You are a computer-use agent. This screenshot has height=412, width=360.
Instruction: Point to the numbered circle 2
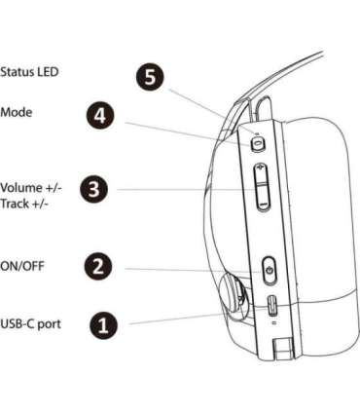[97, 264]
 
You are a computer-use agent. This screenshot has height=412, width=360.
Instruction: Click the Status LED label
[30, 72]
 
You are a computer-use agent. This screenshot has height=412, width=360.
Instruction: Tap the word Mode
[17, 113]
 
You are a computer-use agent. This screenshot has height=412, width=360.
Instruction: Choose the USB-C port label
[32, 322]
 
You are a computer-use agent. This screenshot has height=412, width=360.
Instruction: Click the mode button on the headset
[258, 143]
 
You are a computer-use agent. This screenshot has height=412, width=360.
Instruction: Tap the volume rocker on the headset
[261, 186]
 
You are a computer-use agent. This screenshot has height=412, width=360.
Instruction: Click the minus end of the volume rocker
[261, 200]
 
